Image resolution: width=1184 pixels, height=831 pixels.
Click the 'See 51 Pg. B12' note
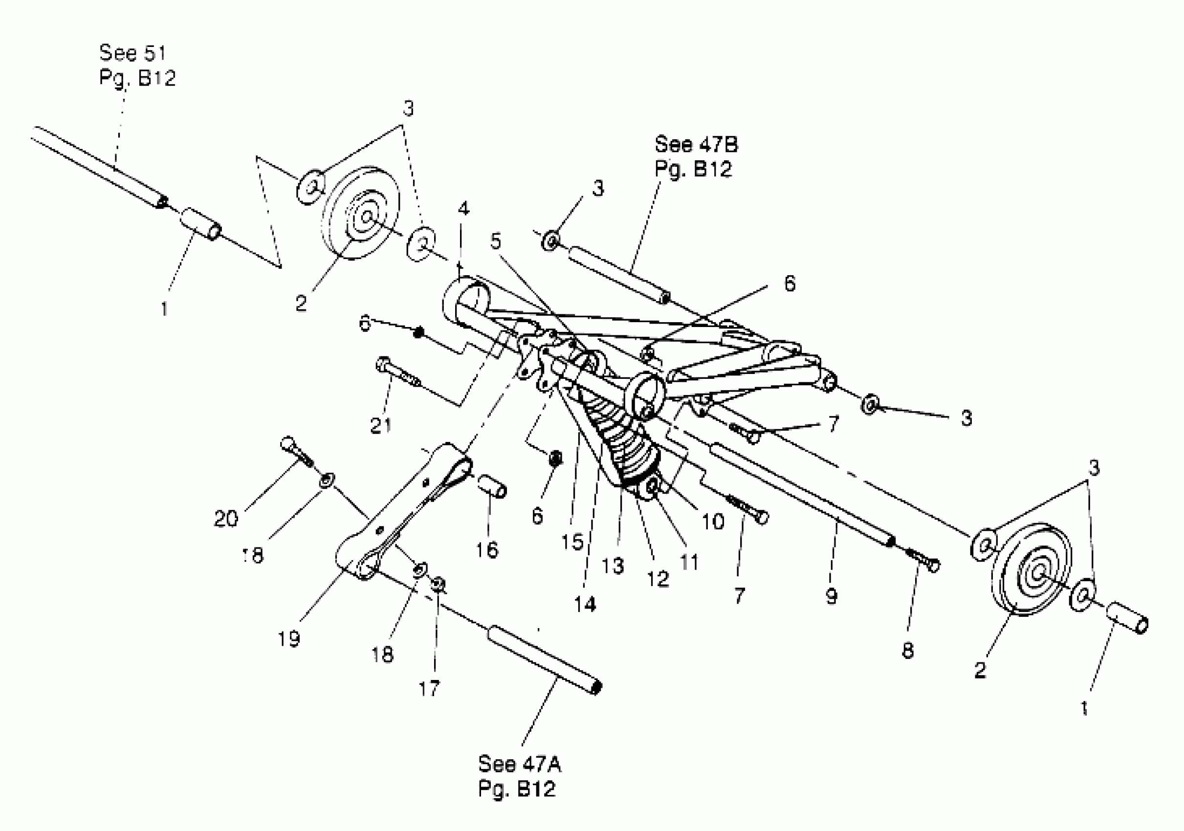pyautogui.click(x=137, y=65)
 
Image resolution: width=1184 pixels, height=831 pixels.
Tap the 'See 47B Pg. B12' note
pyautogui.click(x=696, y=156)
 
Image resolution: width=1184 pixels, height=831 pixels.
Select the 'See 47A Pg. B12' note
pyautogui.click(x=519, y=776)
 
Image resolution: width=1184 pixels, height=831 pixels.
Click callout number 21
pyautogui.click(x=380, y=425)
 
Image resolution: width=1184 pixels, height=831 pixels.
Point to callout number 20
pyautogui.click(x=226, y=518)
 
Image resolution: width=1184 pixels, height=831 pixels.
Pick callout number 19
pyautogui.click(x=289, y=639)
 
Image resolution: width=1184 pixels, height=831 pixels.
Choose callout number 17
pyautogui.click(x=429, y=688)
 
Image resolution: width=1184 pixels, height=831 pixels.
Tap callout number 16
pyautogui.click(x=486, y=550)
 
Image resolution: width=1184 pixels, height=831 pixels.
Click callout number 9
pyautogui.click(x=831, y=596)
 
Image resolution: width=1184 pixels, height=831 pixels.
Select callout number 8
pyautogui.click(x=908, y=651)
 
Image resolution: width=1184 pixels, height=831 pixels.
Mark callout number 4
pyautogui.click(x=463, y=209)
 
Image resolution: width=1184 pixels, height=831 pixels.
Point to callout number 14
pyautogui.click(x=584, y=604)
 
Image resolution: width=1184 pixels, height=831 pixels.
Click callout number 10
pyautogui.click(x=713, y=522)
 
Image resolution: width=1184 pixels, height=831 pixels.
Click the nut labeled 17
pyautogui.click(x=439, y=583)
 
